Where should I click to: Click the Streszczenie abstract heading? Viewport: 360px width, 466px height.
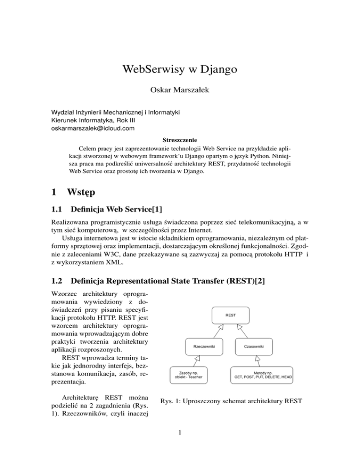click(180, 139)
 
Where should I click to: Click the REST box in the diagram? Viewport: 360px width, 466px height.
click(230, 316)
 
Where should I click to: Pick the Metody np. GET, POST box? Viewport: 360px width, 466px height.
click(259, 375)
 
